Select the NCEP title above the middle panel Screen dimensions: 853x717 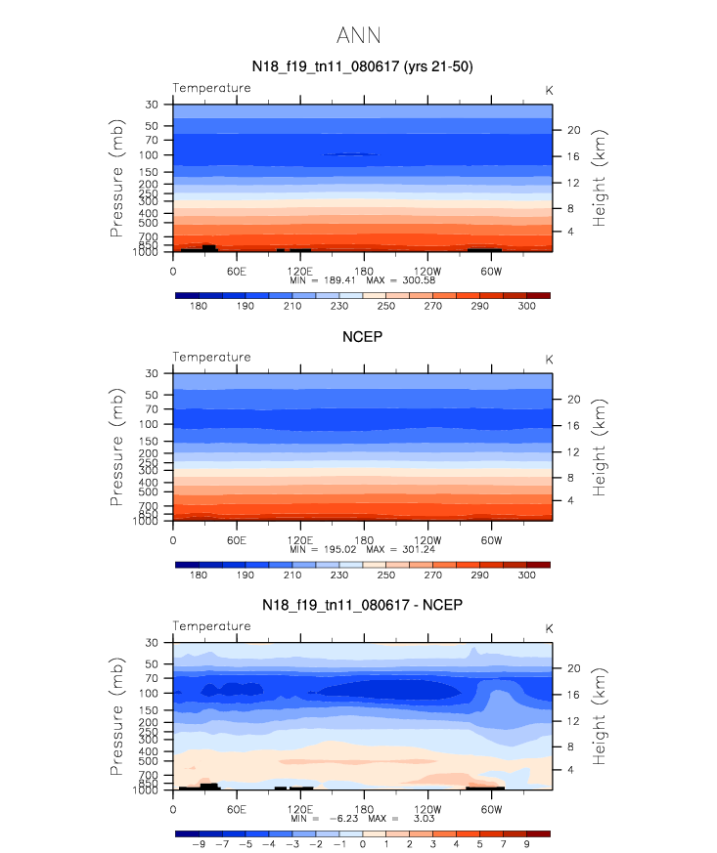click(x=362, y=337)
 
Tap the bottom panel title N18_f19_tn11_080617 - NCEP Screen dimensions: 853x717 click(x=362, y=606)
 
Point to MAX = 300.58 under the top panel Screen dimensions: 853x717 click(x=400, y=280)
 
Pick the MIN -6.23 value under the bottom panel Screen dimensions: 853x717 click(x=323, y=819)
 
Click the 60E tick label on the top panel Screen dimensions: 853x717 click(x=236, y=270)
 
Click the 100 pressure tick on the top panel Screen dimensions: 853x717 click(x=152, y=155)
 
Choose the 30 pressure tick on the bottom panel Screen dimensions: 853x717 click(x=153, y=642)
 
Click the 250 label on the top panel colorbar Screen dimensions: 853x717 click(x=386, y=306)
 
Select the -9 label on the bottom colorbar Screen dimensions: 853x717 click(x=199, y=844)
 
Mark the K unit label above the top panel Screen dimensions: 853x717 click(x=549, y=89)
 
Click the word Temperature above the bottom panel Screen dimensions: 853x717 click(x=211, y=625)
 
